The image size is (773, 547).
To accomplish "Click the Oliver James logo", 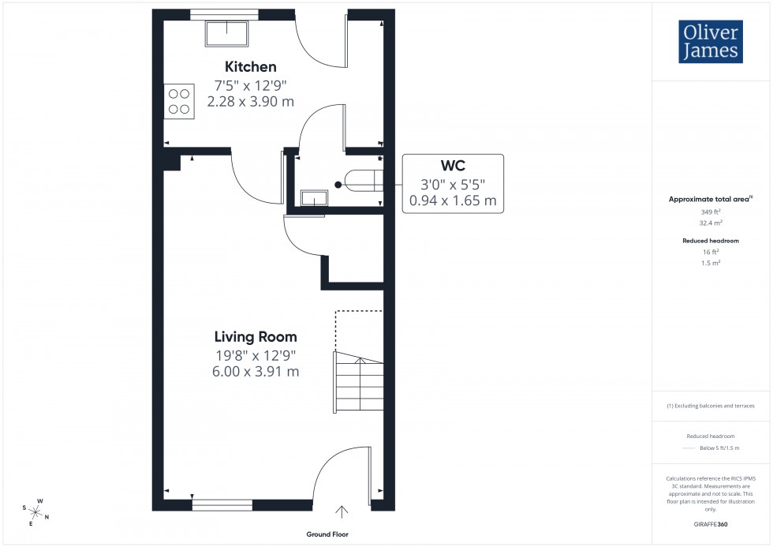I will click(710, 43).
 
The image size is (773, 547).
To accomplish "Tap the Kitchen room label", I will click(250, 66).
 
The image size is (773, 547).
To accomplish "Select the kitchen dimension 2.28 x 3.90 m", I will click(250, 101).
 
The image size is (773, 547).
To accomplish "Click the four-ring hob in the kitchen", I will click(179, 101).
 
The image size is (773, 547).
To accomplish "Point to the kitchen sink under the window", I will click(227, 33).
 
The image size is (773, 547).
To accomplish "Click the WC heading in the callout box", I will click(453, 166).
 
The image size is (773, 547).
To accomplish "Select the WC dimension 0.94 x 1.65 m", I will click(453, 201).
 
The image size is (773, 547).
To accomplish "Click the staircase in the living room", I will click(359, 383).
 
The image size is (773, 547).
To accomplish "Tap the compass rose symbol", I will click(37, 511).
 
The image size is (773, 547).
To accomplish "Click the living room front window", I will click(222, 504).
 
